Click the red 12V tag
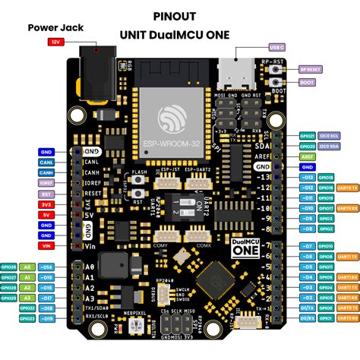pos(55,43)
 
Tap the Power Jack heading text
pos(56,27)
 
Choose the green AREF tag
pos(307,154)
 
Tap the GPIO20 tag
pos(308,144)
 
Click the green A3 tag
pos(27,298)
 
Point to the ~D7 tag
pos(307,247)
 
